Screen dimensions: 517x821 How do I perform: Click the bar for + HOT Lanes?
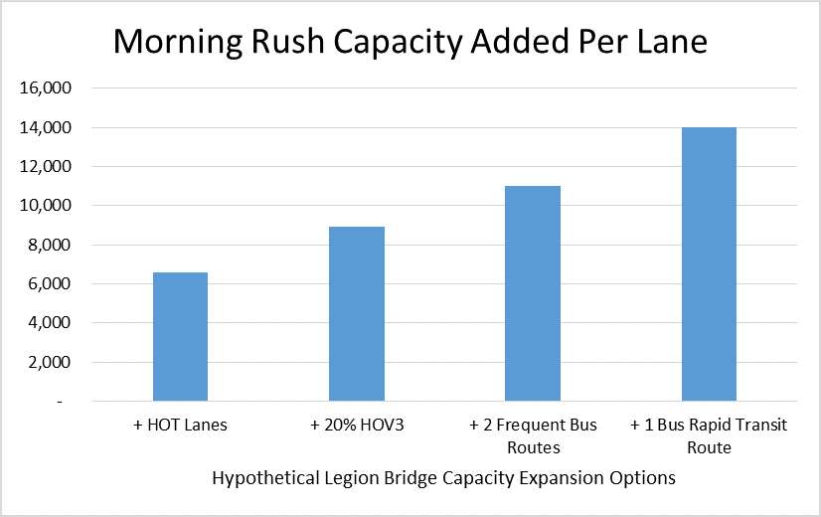180,337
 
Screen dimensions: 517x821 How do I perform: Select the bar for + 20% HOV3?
357,314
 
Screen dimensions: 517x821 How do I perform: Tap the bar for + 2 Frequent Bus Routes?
533,293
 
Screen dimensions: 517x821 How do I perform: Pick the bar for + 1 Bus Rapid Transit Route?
709,264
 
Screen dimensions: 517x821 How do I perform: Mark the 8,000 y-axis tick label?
51,245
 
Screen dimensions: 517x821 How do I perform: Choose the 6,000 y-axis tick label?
51,284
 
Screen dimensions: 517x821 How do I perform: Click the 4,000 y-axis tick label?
51,323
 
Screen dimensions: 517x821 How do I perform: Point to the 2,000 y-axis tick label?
51,363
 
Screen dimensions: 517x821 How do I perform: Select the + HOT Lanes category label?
180,426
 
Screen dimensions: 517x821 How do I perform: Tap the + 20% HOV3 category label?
357,426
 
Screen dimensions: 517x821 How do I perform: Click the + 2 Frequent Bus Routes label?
533,436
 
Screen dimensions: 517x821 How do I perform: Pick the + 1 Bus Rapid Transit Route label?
709,436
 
